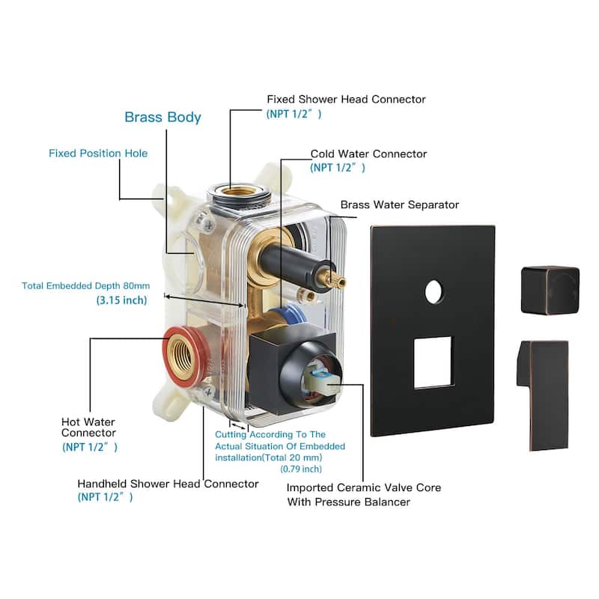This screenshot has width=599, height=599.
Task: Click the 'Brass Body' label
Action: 162,118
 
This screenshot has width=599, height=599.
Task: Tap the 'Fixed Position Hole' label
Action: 98,153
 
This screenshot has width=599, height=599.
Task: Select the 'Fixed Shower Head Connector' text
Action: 346,100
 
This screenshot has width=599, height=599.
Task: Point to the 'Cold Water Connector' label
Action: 368,154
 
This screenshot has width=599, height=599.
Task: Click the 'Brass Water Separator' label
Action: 400,204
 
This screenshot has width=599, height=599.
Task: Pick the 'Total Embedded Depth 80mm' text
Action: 86,286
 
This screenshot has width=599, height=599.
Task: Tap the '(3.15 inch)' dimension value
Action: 121,300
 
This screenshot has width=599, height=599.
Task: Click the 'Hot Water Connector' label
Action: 88,426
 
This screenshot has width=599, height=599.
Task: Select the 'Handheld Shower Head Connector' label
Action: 168,484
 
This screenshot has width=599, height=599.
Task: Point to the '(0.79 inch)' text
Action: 301,469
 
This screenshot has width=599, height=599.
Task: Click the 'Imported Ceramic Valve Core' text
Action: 364,487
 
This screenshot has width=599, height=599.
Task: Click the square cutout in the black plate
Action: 433,362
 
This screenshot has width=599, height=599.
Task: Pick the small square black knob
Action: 550,289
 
